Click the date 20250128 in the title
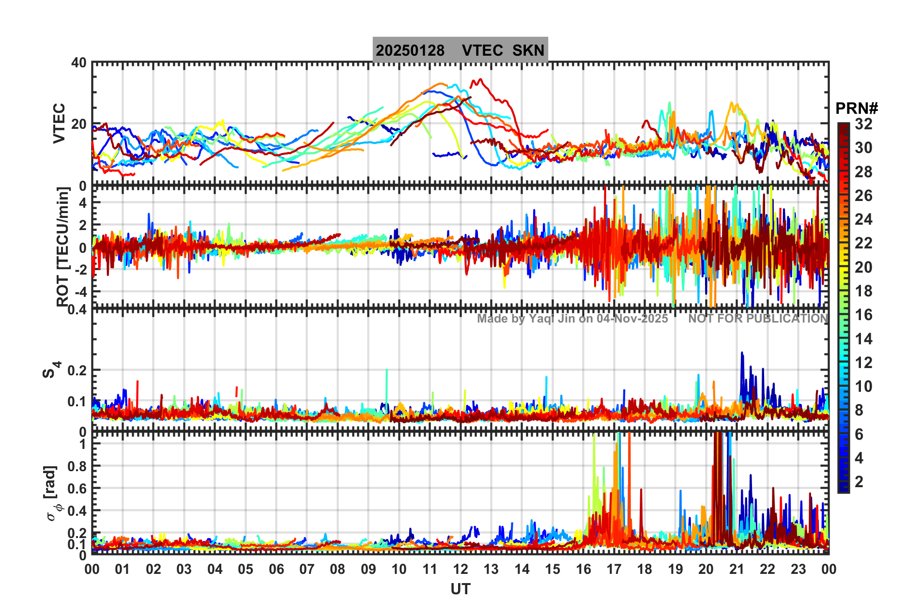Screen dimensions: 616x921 coord(410,50)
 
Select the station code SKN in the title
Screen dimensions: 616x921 coord(528,50)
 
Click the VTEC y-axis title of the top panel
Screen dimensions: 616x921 coord(59,123)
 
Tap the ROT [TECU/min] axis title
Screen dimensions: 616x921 coord(63,247)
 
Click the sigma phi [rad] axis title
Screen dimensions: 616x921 coord(53,493)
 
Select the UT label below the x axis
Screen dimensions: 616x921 coord(460,589)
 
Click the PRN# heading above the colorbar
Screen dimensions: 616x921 coord(856,108)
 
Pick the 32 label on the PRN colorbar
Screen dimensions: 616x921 coord(863,124)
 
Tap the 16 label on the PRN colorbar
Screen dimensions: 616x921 coord(863,315)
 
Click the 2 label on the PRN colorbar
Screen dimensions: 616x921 coord(859,481)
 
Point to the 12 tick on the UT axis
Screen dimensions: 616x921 coord(460,569)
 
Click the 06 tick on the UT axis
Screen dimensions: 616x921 coord(276,569)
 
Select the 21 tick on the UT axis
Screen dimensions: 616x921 coord(737,569)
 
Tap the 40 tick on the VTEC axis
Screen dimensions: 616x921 coord(78,63)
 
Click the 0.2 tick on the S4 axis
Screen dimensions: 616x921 coord(77,370)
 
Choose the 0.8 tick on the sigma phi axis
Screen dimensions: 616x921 coord(77,466)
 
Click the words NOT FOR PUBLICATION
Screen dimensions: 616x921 coord(758,319)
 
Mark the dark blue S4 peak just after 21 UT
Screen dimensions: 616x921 coord(742,353)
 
